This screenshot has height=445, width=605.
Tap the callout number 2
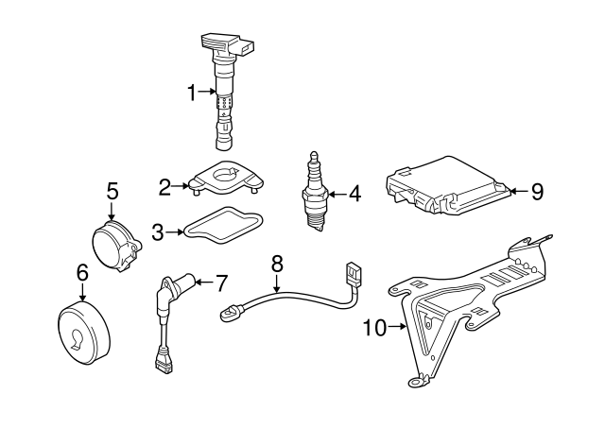164,186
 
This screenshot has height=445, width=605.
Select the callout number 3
159,230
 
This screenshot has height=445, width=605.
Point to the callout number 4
354,195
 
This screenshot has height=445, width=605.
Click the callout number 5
112,190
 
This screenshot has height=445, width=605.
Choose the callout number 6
81,272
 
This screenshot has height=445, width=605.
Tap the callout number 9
536,192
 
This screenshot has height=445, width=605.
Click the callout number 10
374,328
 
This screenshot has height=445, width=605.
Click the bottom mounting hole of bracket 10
413,382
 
